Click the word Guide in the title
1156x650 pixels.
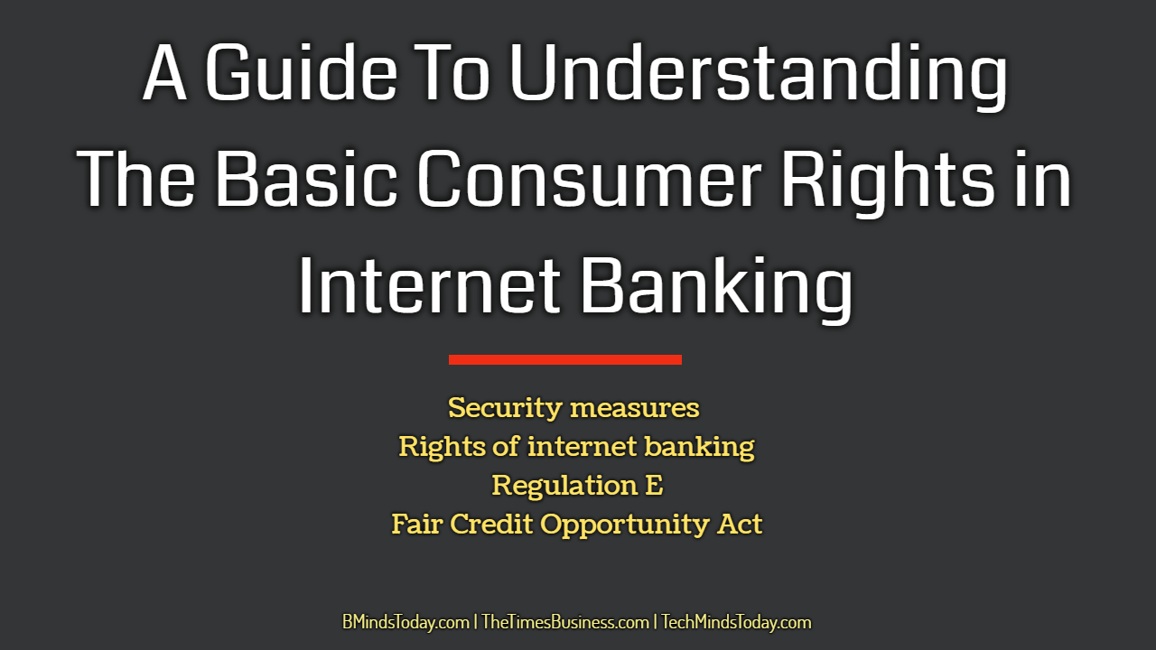click(301, 72)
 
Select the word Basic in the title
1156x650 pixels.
click(306, 179)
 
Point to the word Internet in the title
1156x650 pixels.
click(429, 285)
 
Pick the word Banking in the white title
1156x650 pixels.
click(717, 290)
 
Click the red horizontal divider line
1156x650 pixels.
click(565, 359)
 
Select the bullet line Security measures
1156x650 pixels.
click(573, 408)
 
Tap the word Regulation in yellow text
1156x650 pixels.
click(564, 486)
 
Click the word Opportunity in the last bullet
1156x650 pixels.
click(624, 525)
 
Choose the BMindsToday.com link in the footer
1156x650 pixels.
click(406, 622)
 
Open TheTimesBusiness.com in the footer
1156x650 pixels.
click(565, 622)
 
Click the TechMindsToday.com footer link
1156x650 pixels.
click(736, 622)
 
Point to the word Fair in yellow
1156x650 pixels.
click(417, 525)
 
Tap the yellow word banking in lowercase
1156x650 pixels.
click(699, 447)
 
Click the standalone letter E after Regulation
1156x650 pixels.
click(654, 486)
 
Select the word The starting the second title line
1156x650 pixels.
click(136, 179)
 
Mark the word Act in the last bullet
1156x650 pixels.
click(739, 525)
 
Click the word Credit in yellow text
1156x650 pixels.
click(491, 525)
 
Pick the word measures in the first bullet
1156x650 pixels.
click(634, 409)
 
